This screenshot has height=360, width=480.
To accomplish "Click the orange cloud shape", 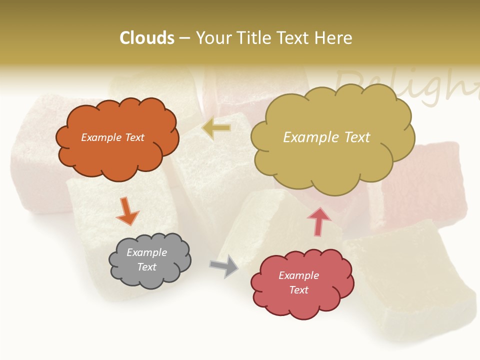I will pyautogui.click(x=117, y=155).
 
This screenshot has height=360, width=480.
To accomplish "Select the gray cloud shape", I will pyautogui.click(x=150, y=277).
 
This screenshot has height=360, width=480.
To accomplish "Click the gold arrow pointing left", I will pyautogui.click(x=217, y=128).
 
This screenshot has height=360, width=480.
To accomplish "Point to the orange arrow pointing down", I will pyautogui.click(x=127, y=210).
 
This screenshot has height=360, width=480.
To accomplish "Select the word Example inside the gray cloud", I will pyautogui.click(x=147, y=253).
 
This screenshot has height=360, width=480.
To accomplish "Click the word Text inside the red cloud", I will pyautogui.click(x=299, y=290).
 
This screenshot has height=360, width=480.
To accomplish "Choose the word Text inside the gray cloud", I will pyautogui.click(x=147, y=267).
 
